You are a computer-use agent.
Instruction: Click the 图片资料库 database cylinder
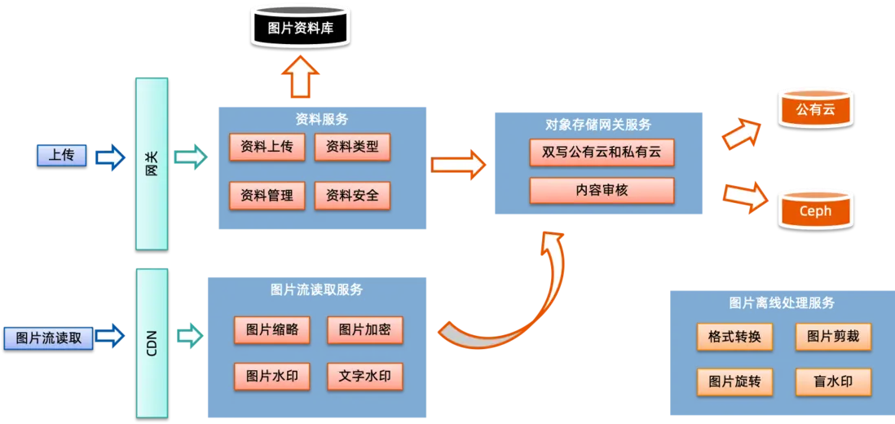coord(300,29)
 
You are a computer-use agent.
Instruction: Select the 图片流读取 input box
coord(49,338)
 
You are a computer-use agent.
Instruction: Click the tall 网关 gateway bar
coord(151,163)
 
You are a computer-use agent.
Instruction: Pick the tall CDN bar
coord(151,342)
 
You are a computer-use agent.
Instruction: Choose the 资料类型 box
coord(352,148)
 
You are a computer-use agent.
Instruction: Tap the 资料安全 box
coord(352,196)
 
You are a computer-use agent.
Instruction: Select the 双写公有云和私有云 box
coord(602,152)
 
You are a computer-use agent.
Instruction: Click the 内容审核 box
coord(602,191)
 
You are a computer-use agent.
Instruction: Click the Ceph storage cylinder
coord(816,210)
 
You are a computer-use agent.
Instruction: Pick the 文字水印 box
coord(365,377)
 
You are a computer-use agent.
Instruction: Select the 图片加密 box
coord(365,330)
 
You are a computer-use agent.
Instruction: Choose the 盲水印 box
coord(833,382)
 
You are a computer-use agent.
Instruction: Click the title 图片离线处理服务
coord(782,303)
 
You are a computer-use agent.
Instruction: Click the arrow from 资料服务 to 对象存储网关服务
coord(458,165)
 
